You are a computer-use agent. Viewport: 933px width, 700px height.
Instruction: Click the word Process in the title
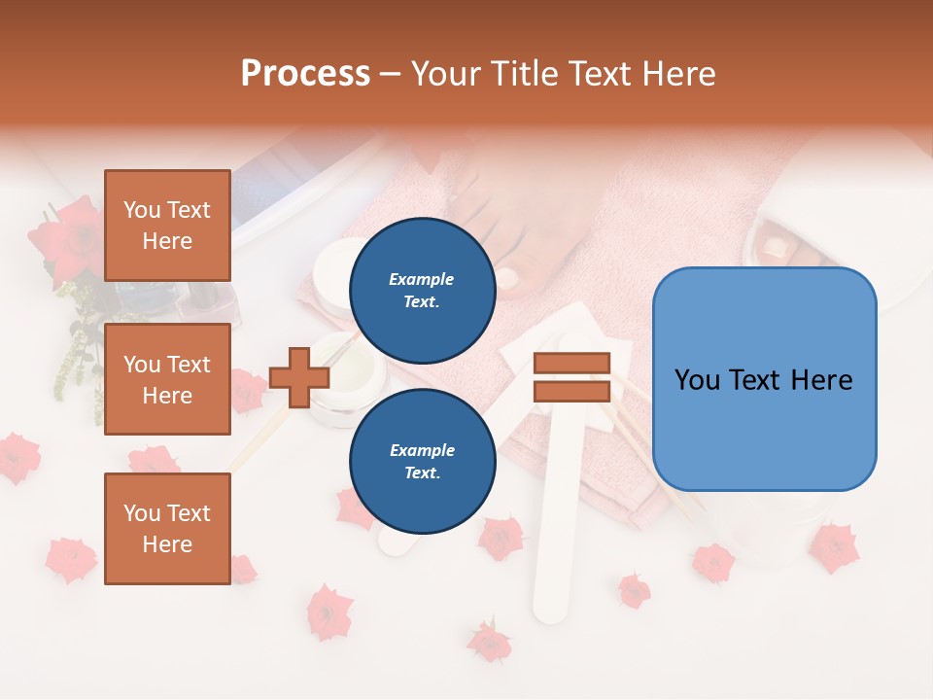[x=305, y=73]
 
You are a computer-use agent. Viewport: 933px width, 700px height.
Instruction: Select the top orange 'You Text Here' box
[x=167, y=226]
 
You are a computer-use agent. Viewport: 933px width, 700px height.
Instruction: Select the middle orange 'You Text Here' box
[x=167, y=379]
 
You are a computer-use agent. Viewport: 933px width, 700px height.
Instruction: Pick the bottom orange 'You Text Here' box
[x=167, y=528]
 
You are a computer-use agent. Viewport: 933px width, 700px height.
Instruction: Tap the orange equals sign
[x=571, y=378]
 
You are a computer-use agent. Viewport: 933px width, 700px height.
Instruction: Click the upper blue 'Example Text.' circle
[x=422, y=291]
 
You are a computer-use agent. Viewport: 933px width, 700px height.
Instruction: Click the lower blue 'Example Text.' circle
[x=422, y=462]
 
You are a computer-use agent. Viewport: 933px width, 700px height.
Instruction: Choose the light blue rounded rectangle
[x=764, y=379]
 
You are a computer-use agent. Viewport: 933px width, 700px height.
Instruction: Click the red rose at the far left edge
[x=17, y=457]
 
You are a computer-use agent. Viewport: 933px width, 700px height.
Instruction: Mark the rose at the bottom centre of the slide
[x=489, y=642]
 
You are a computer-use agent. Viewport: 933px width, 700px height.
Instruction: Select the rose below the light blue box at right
[x=833, y=547]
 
